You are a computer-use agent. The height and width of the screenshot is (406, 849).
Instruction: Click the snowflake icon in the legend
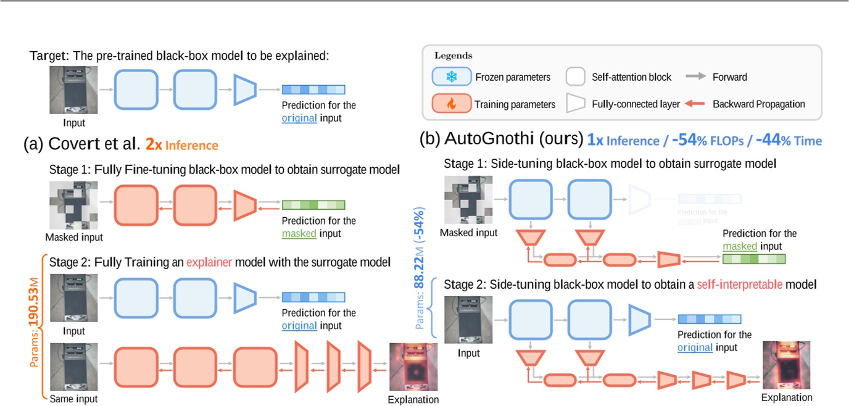(x=451, y=77)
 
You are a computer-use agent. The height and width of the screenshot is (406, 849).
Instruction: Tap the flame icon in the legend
(x=451, y=104)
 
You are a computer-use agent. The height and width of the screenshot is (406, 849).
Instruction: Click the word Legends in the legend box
(x=453, y=56)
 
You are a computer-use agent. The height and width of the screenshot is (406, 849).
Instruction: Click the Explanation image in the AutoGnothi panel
(x=787, y=365)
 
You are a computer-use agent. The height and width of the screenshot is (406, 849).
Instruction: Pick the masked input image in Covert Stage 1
(x=73, y=205)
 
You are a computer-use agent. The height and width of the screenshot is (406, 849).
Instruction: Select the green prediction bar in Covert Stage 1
(x=313, y=205)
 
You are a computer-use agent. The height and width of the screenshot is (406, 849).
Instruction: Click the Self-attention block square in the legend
(x=575, y=77)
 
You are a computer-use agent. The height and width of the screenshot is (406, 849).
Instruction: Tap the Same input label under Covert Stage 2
(x=73, y=399)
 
